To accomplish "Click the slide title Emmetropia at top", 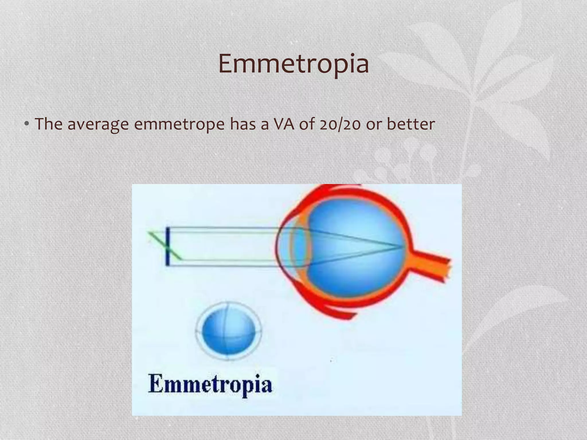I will pyautogui.click(x=293, y=64).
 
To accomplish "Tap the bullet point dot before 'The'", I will pyautogui.click(x=26, y=124).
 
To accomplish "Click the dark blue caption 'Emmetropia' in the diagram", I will pyautogui.click(x=210, y=384).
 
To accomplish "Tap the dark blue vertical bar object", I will pyautogui.click(x=167, y=246).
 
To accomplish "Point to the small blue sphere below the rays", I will pyautogui.click(x=228, y=331).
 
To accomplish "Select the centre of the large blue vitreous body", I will pyautogui.click(x=355, y=246).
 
